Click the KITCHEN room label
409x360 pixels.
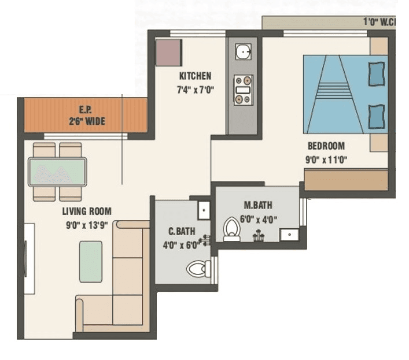(195, 76)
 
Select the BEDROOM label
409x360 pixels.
(326, 146)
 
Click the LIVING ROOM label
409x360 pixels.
(87, 211)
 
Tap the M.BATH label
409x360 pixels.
(257, 205)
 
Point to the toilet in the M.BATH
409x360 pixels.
(232, 229)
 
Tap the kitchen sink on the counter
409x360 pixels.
(243, 53)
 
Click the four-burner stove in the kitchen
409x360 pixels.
(243, 90)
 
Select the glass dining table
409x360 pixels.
(57, 172)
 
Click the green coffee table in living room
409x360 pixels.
(91, 261)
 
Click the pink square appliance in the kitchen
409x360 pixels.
(169, 53)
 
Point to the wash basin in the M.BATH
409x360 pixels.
(288, 235)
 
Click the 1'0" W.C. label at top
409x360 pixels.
(378, 22)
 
